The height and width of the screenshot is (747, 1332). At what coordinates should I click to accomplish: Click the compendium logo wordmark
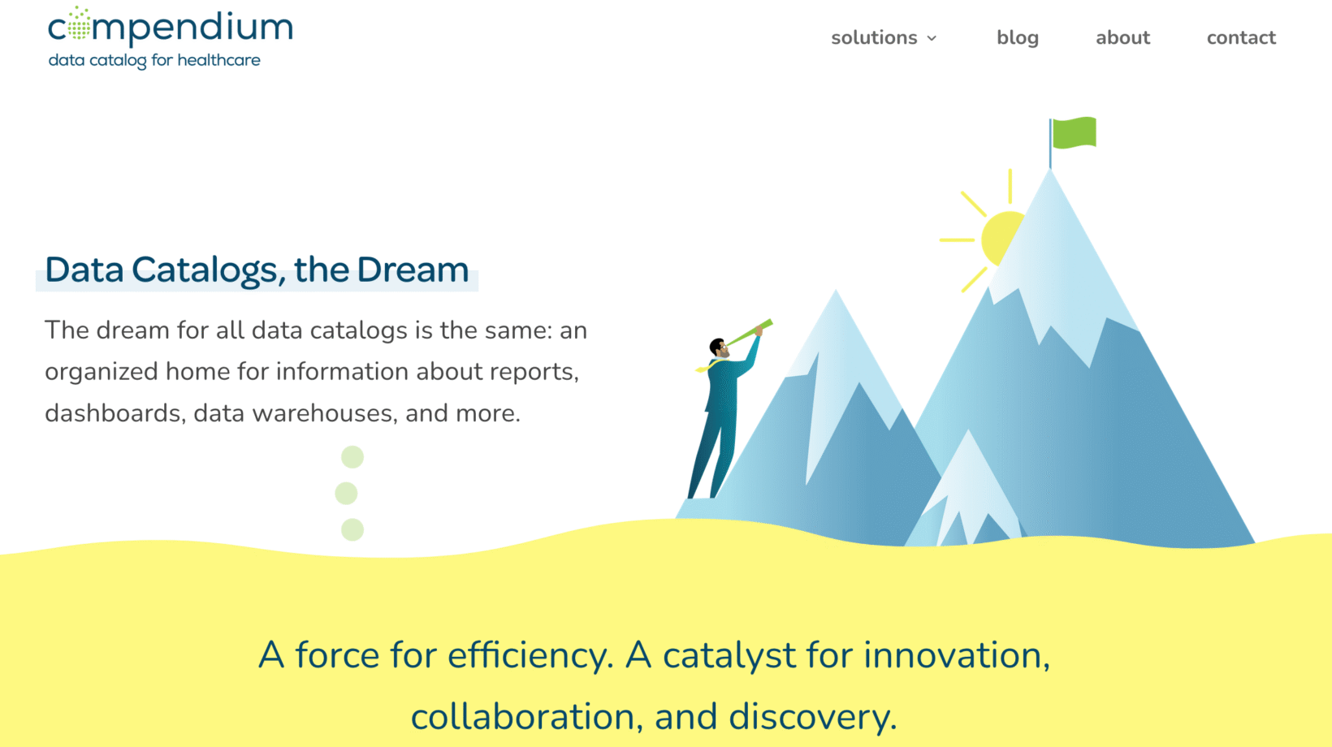click(x=171, y=26)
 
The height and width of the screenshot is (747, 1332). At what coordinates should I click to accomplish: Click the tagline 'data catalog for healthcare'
click(x=154, y=61)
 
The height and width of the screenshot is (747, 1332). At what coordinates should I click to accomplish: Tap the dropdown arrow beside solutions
click(x=932, y=39)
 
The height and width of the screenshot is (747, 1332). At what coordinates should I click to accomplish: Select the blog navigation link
click(x=1018, y=37)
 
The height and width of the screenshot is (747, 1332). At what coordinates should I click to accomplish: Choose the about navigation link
click(x=1122, y=37)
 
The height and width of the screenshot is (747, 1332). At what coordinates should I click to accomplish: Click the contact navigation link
click(x=1241, y=37)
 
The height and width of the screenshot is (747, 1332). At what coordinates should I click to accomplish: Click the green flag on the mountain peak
click(x=1074, y=132)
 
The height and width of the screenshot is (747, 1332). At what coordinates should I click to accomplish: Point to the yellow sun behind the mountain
click(x=1000, y=235)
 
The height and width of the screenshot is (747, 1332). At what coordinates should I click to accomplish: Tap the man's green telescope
click(x=749, y=333)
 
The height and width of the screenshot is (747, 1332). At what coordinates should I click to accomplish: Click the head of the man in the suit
click(x=719, y=348)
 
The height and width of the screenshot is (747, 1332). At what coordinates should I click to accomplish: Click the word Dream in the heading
click(x=413, y=270)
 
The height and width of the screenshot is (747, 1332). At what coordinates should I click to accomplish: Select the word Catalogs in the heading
click(x=205, y=270)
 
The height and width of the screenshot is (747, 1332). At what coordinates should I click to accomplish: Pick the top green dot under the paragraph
click(x=352, y=457)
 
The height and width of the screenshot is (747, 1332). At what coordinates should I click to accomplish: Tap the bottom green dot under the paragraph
click(x=352, y=529)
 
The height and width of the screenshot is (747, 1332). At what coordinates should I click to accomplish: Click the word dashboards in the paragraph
click(x=112, y=413)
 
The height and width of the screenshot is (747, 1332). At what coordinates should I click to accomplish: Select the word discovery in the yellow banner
click(x=812, y=717)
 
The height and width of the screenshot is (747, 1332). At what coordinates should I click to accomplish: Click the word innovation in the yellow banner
click(x=957, y=655)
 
